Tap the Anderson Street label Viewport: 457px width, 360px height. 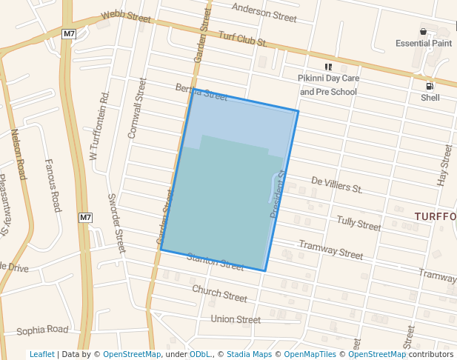[x=264, y=12]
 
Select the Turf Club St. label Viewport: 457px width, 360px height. [x=242, y=39]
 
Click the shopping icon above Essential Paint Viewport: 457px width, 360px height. [x=423, y=31]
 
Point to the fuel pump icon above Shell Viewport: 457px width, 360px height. [x=430, y=86]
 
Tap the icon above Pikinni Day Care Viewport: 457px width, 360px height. [x=328, y=67]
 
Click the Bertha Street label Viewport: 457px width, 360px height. [x=201, y=92]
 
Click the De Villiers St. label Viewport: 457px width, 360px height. [x=336, y=184]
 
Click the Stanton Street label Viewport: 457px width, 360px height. [x=216, y=261]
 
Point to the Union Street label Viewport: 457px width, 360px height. [x=236, y=319]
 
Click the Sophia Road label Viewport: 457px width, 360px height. [x=42, y=330]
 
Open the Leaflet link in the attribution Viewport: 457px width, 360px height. [x=41, y=354]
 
